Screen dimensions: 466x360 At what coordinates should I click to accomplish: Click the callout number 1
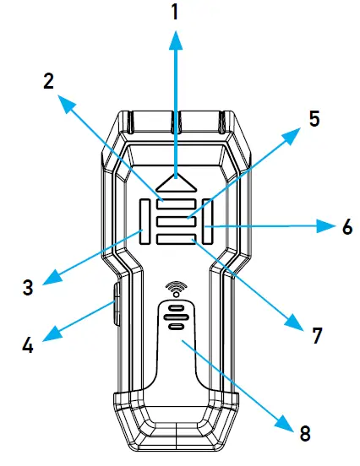click(175, 14)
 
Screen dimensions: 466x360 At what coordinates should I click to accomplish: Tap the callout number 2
click(49, 81)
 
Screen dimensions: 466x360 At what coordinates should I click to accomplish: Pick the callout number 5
click(314, 118)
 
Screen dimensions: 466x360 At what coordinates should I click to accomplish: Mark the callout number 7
click(317, 335)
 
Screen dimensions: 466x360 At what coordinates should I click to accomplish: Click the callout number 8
click(304, 433)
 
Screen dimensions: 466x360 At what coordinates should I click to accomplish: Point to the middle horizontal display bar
click(176, 222)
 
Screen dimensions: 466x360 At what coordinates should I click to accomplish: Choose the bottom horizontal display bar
click(176, 241)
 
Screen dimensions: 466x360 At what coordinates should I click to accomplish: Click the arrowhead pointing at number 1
click(175, 39)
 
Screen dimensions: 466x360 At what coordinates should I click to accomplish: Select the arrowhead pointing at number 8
click(287, 417)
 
